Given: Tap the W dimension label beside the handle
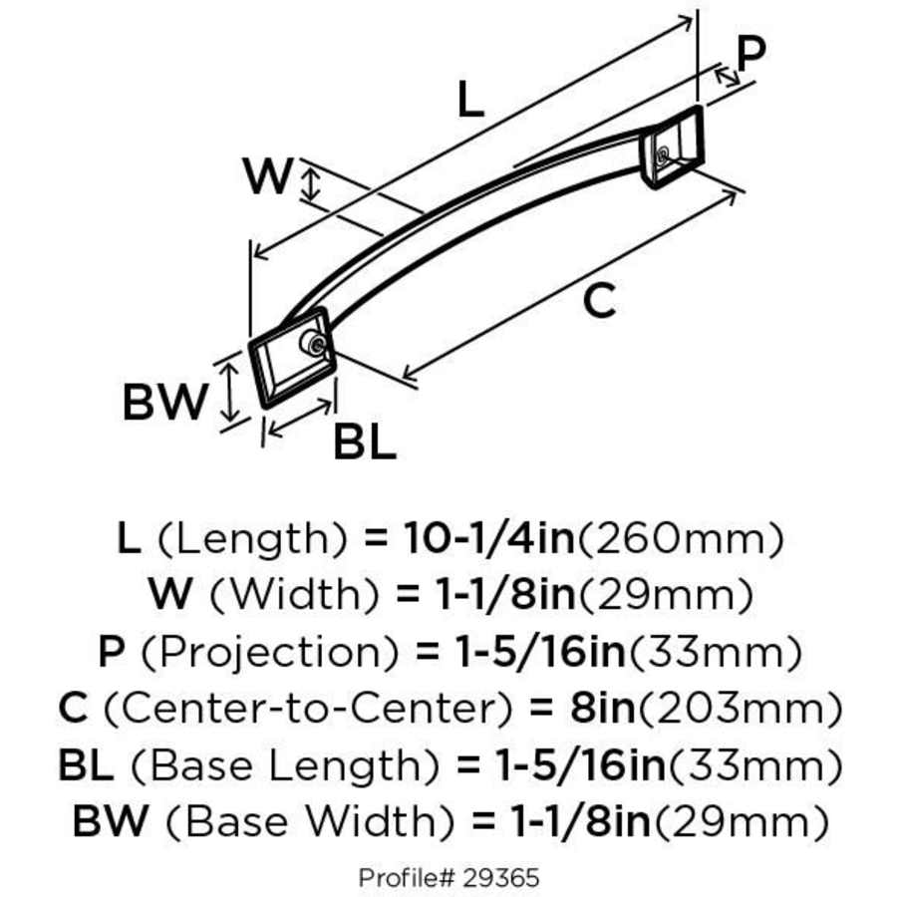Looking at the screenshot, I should pyautogui.click(x=268, y=178).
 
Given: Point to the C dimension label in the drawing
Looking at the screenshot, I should pyautogui.click(x=599, y=300).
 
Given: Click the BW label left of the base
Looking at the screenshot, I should pyautogui.click(x=164, y=403).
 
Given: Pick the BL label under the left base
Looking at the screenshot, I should pyautogui.click(x=364, y=442).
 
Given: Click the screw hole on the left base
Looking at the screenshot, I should pyautogui.click(x=315, y=345).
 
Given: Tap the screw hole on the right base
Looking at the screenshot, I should pyautogui.click(x=662, y=154).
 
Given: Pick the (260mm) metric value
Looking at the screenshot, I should pyautogui.click(x=681, y=539).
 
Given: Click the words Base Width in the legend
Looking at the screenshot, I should pyautogui.click(x=299, y=823).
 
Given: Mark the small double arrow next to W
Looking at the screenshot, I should pyautogui.click(x=312, y=184).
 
